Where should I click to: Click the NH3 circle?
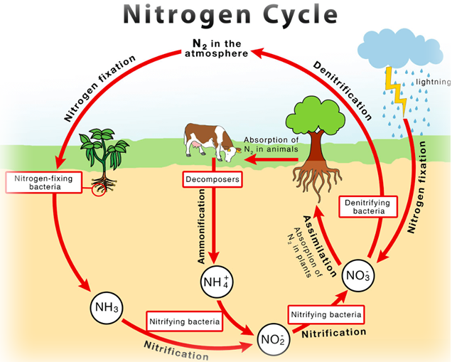coord(107,308)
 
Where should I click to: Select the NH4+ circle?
coord(217,282)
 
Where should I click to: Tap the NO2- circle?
coord(274,339)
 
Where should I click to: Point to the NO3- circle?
coord(358,275)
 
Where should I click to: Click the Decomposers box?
coord(213,179)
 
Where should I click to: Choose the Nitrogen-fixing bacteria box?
coord(44,182)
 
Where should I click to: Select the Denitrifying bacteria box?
coord(368,206)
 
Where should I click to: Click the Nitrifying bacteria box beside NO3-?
coord(326,314)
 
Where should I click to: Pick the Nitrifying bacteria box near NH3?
coord(185,321)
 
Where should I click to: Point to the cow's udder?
coord(195,144)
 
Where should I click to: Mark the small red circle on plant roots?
coord(98,190)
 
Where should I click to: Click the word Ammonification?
coord(201,226)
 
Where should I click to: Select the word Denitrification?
coord(343,91)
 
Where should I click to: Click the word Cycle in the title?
coord(300,15)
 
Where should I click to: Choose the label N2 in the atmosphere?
coord(217,48)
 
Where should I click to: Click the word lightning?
coord(433,82)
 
